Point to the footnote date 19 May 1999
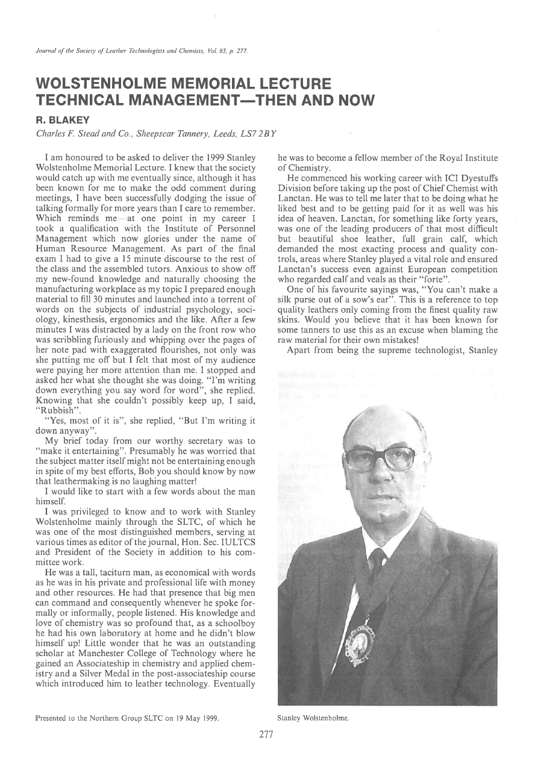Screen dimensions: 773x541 (x=190, y=718)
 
